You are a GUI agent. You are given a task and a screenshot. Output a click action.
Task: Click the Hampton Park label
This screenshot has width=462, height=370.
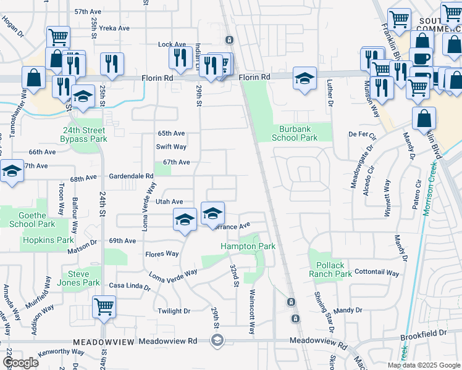[x=248, y=246]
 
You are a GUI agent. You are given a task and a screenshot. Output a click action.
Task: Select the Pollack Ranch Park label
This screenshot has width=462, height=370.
[x=330, y=269]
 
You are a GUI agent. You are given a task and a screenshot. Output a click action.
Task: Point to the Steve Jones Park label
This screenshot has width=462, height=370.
[x=83, y=278]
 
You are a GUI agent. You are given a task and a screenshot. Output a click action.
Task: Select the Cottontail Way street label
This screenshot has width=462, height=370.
[x=378, y=271]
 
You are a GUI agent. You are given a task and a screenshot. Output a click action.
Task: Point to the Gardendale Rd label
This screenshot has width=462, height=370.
[x=130, y=176]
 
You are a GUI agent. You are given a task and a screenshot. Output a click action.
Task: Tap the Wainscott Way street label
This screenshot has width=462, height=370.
[x=251, y=311]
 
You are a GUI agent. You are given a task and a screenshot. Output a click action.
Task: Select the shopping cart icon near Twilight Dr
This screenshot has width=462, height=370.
[x=104, y=306]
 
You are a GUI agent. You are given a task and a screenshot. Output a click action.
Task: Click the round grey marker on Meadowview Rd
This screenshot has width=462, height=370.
[x=217, y=340]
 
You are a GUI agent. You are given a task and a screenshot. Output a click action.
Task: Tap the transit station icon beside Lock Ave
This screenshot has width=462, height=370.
[x=229, y=40]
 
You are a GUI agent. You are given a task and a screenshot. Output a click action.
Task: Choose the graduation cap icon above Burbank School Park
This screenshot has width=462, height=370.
[x=304, y=78]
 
